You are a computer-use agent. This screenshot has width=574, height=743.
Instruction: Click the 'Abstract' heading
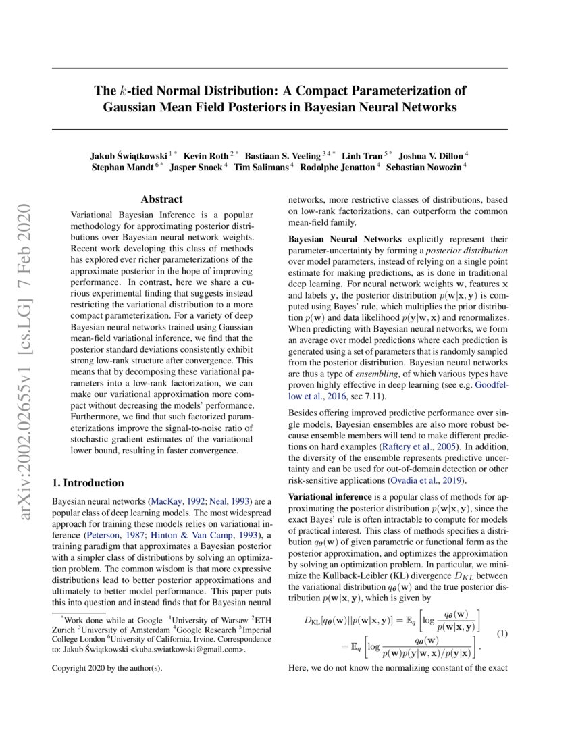pyautogui.click(x=161, y=199)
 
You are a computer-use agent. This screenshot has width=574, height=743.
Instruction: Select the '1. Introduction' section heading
pyautogui.click(x=88, y=483)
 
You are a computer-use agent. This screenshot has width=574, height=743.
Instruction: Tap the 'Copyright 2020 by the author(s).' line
pyautogui.click(x=107, y=668)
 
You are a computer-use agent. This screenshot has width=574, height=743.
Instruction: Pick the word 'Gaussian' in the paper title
pyautogui.click(x=132, y=107)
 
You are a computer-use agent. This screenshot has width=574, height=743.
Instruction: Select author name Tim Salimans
pyautogui.click(x=261, y=168)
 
